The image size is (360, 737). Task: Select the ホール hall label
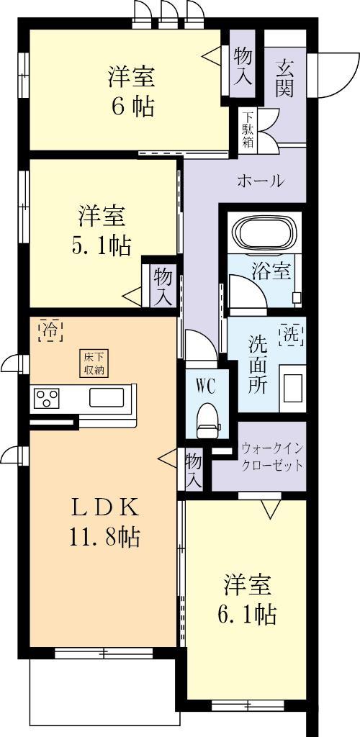[x=260, y=181]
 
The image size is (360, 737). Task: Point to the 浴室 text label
[x=271, y=271]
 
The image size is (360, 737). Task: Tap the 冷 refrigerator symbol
[x=50, y=330]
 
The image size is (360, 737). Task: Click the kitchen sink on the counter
[x=108, y=398]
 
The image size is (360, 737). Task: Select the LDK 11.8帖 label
[x=104, y=520]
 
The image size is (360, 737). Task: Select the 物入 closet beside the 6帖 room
[x=242, y=65]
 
